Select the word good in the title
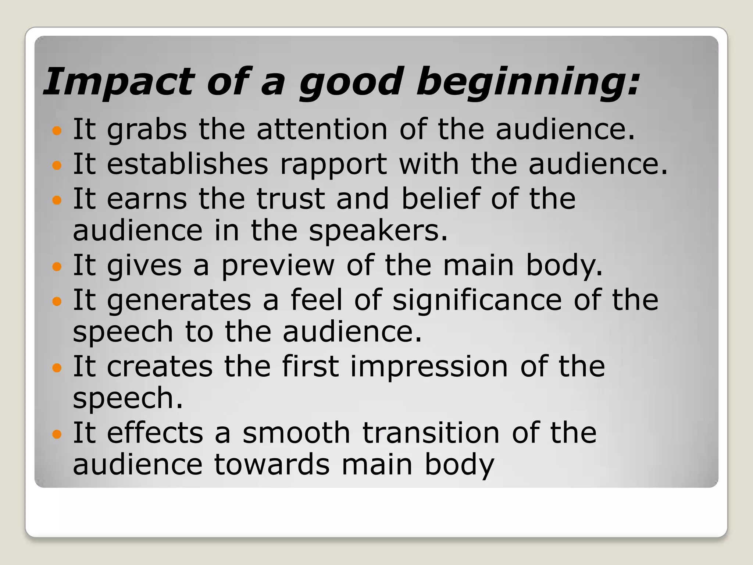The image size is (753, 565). coord(351,82)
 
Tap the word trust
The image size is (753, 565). coord(290,199)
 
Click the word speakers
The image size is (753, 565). coord(378,231)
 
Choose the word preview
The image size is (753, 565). coord(278,265)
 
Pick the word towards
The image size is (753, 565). coord(272,464)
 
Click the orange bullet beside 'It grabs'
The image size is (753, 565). coord(57,130)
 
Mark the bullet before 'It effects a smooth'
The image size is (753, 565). coord(57,434)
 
